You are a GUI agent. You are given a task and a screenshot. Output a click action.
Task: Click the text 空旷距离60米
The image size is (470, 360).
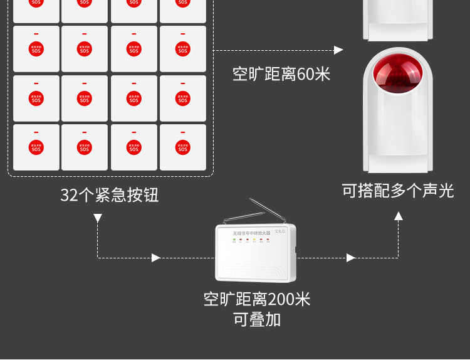[x=281, y=75]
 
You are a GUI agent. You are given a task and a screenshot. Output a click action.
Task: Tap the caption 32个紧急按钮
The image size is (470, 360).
[x=110, y=195]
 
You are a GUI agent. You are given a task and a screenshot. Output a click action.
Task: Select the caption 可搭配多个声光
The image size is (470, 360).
[x=398, y=190]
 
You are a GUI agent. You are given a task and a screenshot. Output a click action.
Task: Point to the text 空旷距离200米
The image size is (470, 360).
[x=257, y=299]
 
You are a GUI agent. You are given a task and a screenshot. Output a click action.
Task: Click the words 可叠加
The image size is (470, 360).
[x=257, y=319]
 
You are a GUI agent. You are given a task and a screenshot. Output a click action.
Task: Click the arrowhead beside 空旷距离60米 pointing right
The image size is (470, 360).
[x=339, y=50]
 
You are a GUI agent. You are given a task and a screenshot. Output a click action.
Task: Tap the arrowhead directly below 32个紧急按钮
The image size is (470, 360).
[x=98, y=218]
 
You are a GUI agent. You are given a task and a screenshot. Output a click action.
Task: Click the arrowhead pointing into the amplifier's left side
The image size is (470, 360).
[x=156, y=258]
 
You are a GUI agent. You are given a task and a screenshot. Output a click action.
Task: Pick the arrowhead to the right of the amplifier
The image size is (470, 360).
[x=351, y=258]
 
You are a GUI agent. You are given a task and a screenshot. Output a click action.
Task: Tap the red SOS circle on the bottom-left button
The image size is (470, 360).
[x=36, y=148]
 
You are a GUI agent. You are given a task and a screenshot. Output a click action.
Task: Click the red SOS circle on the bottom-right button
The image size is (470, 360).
[x=182, y=148]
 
